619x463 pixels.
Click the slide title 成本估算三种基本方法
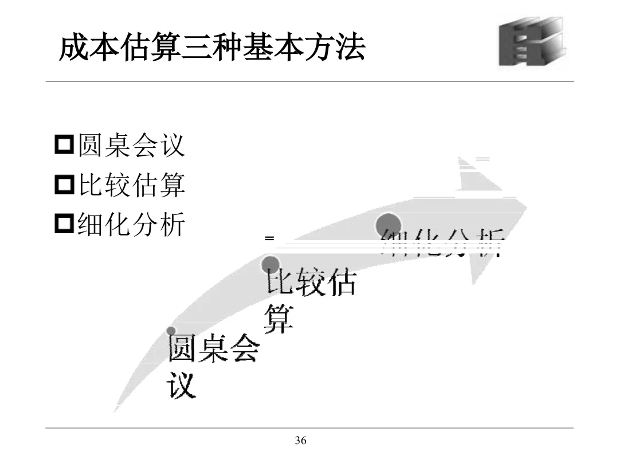click(x=211, y=48)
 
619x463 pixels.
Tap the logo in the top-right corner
click(x=531, y=42)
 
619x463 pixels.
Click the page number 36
click(x=300, y=441)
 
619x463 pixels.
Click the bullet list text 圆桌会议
click(x=131, y=145)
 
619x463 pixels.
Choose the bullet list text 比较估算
click(x=131, y=185)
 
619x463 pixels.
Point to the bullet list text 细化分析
click(x=131, y=224)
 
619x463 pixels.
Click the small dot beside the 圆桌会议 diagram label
click(x=171, y=331)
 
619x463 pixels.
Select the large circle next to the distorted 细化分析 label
click(x=388, y=223)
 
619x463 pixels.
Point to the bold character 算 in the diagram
click(x=279, y=319)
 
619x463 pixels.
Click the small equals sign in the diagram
click(x=269, y=237)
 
